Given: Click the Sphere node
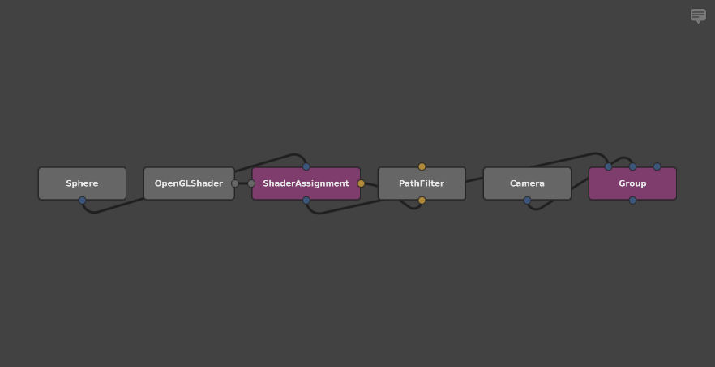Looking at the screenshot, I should (82, 183).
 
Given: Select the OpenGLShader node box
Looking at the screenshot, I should (189, 183).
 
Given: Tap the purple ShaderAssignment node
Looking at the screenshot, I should (306, 183).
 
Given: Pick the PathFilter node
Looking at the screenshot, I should (422, 183).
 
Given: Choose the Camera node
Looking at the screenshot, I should (527, 183).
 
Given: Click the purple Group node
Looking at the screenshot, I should (632, 183).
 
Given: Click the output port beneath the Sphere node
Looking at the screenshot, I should (82, 201).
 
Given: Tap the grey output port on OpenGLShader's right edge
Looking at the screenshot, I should (235, 183).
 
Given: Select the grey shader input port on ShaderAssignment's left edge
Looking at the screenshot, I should (251, 183).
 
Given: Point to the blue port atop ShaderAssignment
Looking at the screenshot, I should (306, 166).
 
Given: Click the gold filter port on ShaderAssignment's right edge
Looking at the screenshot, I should (361, 183).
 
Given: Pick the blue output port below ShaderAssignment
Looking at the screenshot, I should (306, 201).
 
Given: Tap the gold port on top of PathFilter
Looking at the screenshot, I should (422, 166).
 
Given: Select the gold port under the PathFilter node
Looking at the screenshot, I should (422, 201).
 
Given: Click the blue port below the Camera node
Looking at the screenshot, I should (527, 201).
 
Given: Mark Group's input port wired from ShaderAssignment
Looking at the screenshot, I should (608, 166).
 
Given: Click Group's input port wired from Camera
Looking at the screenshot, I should (632, 166).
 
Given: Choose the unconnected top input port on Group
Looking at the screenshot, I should (657, 166).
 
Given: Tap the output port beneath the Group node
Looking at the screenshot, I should (632, 201).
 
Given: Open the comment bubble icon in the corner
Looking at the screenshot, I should (698, 15).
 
